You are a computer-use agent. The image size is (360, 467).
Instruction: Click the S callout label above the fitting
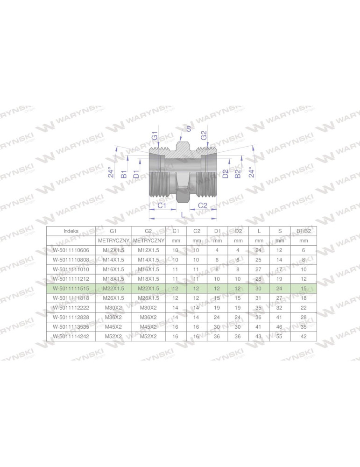[188, 128]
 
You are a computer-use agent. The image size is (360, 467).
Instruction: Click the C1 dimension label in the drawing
[162, 205]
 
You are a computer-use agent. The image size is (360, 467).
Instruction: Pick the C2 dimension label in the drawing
[203, 205]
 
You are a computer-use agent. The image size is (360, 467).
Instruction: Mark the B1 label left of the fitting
[124, 174]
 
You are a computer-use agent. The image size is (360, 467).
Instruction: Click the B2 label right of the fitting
[238, 174]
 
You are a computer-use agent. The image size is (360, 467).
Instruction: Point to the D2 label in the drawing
[226, 174]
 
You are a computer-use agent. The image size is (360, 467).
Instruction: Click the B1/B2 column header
[304, 231]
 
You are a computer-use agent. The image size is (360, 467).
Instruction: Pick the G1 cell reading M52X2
[113, 336]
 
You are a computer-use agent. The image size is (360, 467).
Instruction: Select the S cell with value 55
[279, 336]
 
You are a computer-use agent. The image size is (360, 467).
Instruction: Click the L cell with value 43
[259, 336]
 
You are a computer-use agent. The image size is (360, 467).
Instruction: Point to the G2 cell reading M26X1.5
[148, 298]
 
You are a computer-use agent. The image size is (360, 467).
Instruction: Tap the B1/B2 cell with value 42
[304, 336]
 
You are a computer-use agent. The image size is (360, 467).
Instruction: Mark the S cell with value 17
[279, 269]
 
